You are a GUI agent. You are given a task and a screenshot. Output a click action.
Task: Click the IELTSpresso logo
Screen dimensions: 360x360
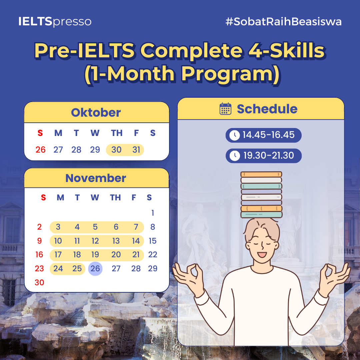55,21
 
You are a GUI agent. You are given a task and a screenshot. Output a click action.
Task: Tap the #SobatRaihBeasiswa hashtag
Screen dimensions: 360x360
284,22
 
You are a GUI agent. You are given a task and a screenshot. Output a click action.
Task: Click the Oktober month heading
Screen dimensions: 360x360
96,113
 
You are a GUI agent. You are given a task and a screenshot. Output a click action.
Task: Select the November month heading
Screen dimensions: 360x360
96,178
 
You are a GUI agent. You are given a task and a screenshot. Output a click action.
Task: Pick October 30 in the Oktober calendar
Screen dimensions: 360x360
116,150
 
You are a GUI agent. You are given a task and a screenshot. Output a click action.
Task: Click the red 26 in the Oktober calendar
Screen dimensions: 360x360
41,150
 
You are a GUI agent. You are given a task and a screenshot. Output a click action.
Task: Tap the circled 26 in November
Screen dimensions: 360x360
95,268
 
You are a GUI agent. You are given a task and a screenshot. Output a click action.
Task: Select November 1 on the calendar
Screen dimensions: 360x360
153,213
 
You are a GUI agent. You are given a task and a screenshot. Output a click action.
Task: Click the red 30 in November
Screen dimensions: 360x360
39,282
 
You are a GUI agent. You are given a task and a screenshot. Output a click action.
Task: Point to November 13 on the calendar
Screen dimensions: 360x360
116,241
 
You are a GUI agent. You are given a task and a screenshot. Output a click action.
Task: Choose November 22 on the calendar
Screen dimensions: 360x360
153,255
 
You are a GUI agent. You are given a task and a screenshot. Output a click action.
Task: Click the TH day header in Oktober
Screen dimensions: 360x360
117,133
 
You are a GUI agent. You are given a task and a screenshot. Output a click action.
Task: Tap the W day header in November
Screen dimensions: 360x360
95,197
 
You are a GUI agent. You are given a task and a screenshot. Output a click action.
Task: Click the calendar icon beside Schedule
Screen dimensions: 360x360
225,109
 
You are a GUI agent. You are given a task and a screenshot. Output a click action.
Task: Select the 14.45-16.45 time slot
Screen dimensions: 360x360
264,135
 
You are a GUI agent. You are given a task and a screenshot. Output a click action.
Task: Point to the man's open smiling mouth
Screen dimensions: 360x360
262,255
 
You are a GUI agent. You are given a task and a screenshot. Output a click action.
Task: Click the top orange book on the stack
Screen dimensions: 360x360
261,174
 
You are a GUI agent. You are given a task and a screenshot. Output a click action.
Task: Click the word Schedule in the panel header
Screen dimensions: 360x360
267,109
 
